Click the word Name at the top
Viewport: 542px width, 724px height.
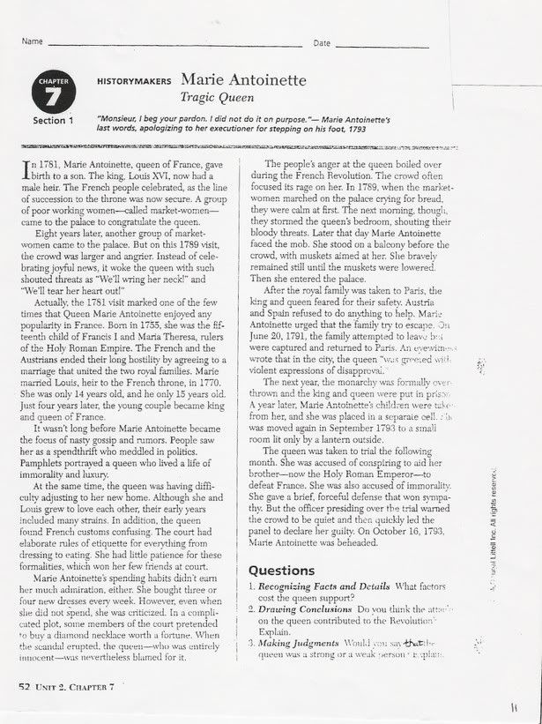[33, 41]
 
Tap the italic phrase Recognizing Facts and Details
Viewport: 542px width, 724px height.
[327, 587]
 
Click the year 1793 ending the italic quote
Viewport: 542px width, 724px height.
[353, 129]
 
